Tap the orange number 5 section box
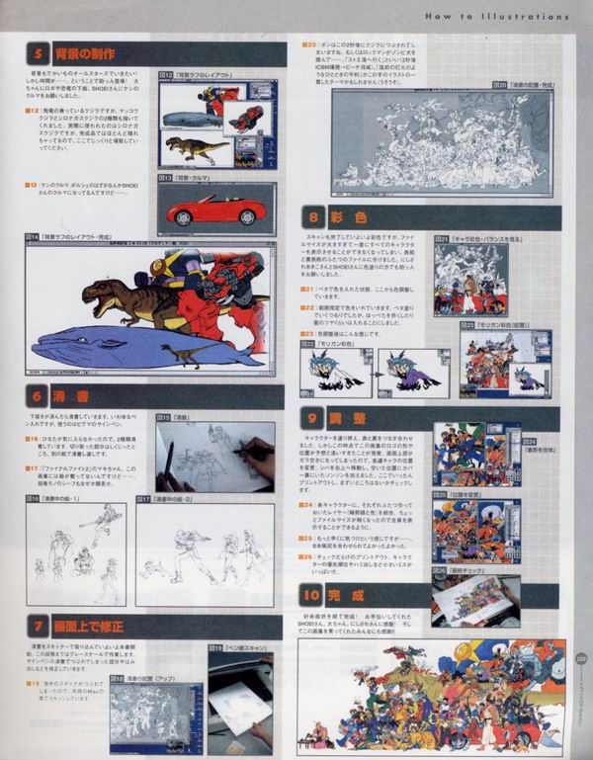pyautogui.click(x=38, y=54)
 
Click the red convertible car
pyautogui.click(x=216, y=211)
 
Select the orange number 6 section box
pyautogui.click(x=38, y=397)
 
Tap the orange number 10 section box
pyautogui.click(x=312, y=595)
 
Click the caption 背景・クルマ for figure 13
pyautogui.click(x=187, y=184)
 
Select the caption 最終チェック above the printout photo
pyautogui.click(x=461, y=570)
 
